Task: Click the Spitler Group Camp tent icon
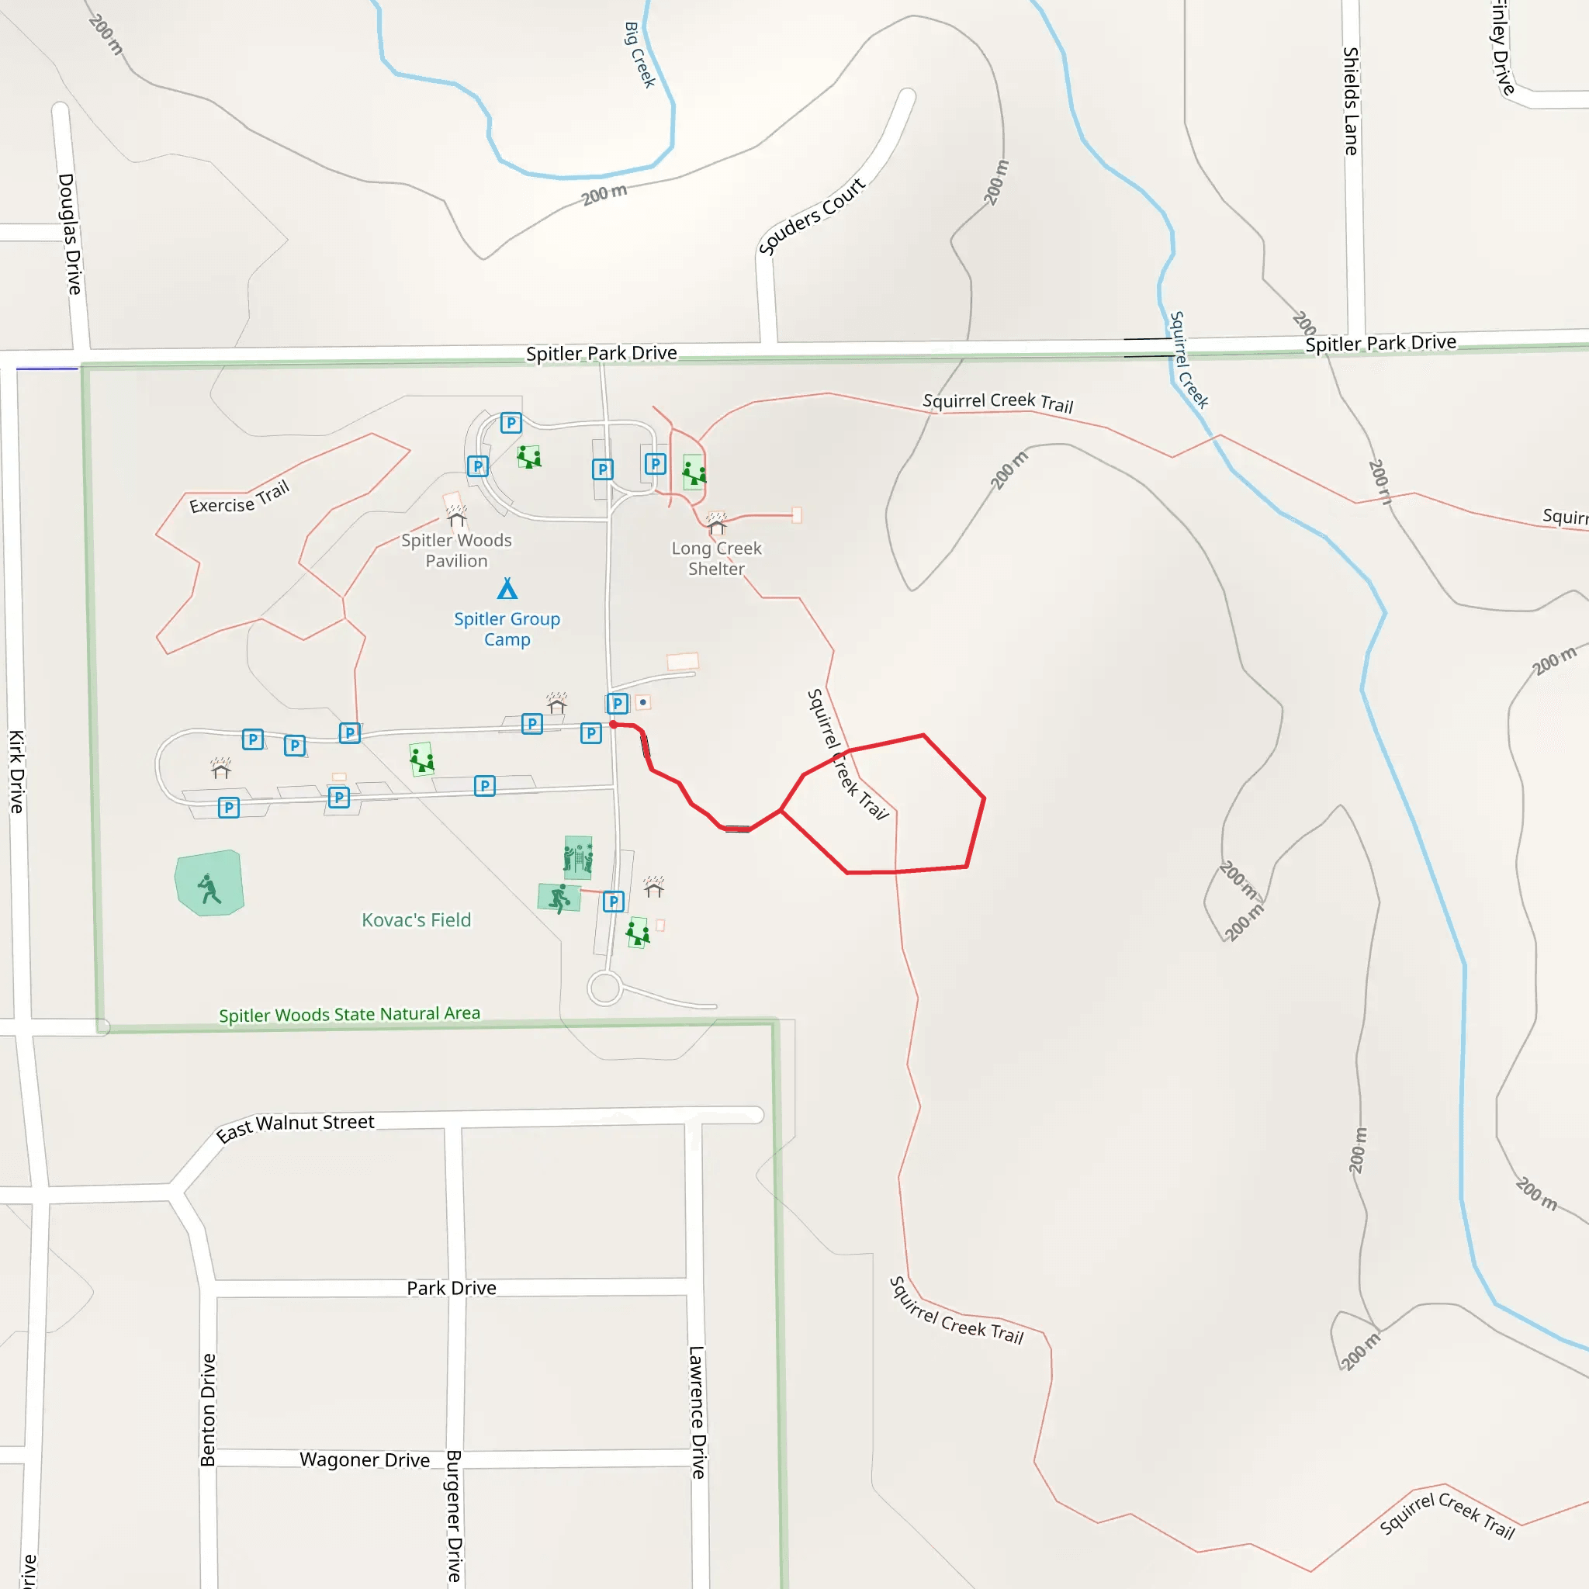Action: pyautogui.click(x=507, y=589)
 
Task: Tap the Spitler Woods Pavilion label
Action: pyautogui.click(x=456, y=550)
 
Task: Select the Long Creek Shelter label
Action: pyautogui.click(x=716, y=559)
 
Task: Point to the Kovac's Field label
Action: pyautogui.click(x=416, y=919)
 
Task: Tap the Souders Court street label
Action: pyautogui.click(x=811, y=217)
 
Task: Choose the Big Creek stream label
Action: pyautogui.click(x=639, y=55)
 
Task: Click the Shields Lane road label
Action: pyautogui.click(x=1351, y=101)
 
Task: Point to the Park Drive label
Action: pyautogui.click(x=452, y=1288)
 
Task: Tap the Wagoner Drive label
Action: pyautogui.click(x=365, y=1460)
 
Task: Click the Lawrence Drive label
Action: pyautogui.click(x=698, y=1411)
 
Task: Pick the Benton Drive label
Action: pyautogui.click(x=208, y=1410)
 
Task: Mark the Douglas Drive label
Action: pyautogui.click(x=70, y=234)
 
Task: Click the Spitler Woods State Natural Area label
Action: pyautogui.click(x=350, y=1014)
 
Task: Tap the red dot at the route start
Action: pyautogui.click(x=613, y=725)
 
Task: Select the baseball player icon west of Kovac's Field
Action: pyautogui.click(x=209, y=888)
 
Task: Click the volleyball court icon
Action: pyautogui.click(x=578, y=858)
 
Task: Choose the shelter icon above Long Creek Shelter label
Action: pyautogui.click(x=716, y=524)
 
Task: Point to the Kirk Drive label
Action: pyautogui.click(x=16, y=771)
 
